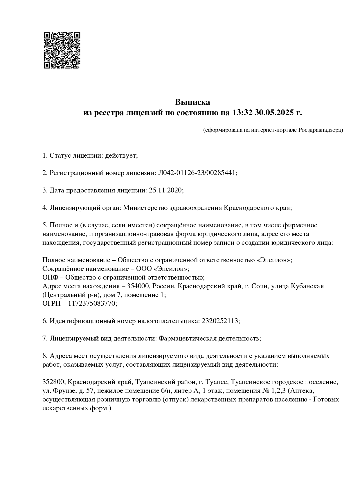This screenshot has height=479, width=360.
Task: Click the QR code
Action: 62,50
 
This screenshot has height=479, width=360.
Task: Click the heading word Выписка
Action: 192,102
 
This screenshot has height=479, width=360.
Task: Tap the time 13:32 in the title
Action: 242,113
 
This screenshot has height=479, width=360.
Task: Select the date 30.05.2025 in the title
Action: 274,113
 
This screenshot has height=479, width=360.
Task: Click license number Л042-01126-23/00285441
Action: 197,173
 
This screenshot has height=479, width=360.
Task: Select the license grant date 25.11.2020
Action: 165,190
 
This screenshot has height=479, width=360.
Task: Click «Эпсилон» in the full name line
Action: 273,260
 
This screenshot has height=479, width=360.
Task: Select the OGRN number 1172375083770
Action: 92,303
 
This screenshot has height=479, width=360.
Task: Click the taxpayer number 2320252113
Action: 220,321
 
